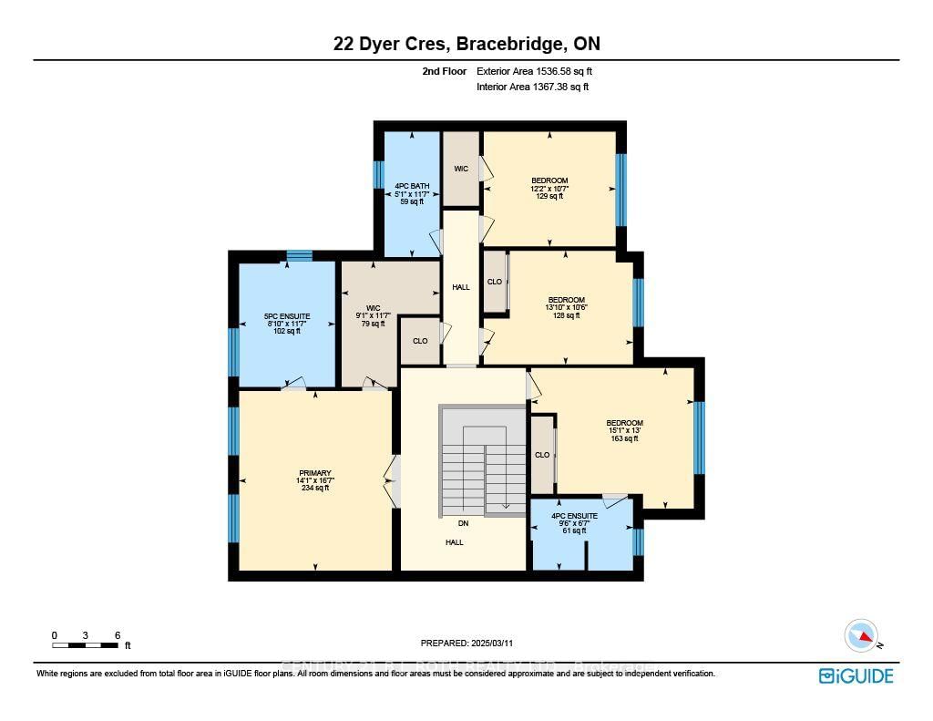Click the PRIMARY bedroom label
[314, 480]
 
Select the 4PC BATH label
[412, 193]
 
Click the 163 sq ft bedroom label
[624, 430]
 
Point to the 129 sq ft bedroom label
[549, 188]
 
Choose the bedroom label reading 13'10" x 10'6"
[566, 307]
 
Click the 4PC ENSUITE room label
[574, 523]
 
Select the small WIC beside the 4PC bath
[461, 169]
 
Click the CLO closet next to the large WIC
[420, 341]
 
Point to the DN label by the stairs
[464, 523]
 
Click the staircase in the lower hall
[483, 460]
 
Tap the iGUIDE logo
[856, 675]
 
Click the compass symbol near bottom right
[861, 635]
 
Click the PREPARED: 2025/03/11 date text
[466, 643]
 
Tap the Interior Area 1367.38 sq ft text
[532, 88]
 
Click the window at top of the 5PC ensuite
[299, 256]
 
